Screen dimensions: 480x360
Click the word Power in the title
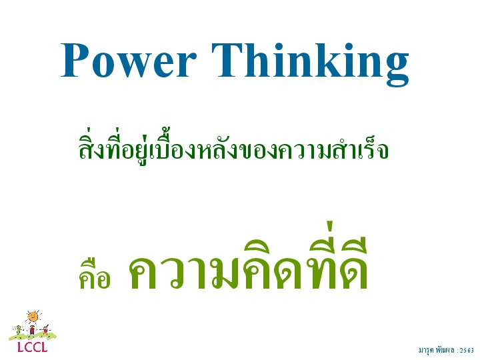(x=128, y=60)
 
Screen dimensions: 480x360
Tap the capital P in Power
(x=74, y=60)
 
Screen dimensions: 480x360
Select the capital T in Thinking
(x=228, y=60)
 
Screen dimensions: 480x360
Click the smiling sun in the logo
(x=33, y=317)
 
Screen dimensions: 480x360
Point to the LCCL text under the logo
(x=33, y=347)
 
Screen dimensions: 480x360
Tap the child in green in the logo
(x=19, y=330)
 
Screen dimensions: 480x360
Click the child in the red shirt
(x=32, y=330)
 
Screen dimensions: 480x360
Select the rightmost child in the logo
(x=45, y=330)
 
